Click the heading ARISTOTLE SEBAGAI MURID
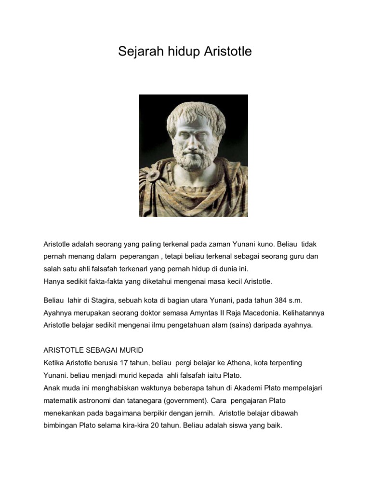(x=93, y=350)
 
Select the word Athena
(x=250, y=362)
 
